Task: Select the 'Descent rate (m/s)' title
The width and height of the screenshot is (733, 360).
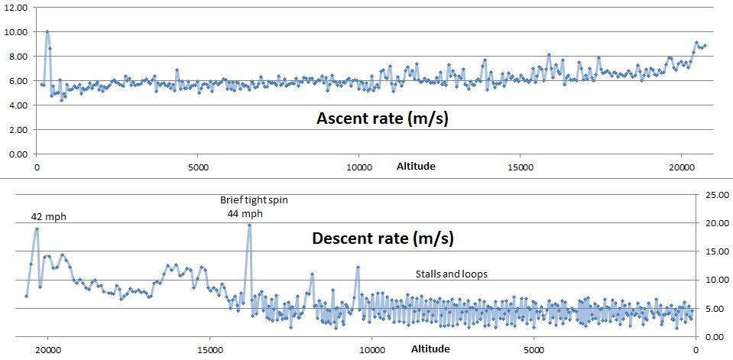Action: (383, 238)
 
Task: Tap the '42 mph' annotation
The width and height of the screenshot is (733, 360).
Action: (48, 216)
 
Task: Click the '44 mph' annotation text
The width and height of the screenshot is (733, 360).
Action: (245, 213)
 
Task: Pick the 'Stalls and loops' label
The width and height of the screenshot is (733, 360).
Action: (451, 274)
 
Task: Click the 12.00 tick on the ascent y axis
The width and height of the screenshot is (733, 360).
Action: (16, 7)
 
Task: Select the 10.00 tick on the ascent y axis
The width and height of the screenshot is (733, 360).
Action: (16, 31)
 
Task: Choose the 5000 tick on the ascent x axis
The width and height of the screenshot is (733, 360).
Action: (198, 167)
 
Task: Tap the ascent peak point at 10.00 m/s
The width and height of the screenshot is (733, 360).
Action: (47, 31)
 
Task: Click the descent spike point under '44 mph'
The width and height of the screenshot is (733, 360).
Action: (249, 225)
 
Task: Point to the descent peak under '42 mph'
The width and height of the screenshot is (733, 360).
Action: (36, 229)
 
